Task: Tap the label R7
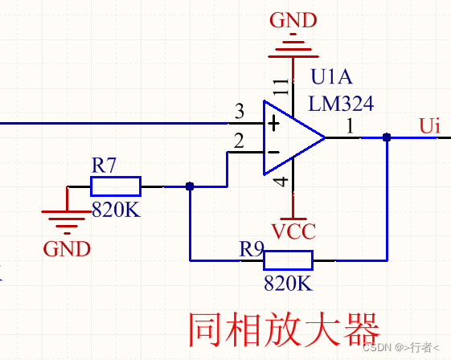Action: pyautogui.click(x=104, y=165)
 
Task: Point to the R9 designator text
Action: pyautogui.click(x=252, y=249)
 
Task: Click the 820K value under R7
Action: pyautogui.click(x=117, y=209)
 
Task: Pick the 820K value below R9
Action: pyautogui.click(x=288, y=283)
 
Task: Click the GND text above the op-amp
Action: pyautogui.click(x=293, y=20)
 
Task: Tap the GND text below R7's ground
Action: pyautogui.click(x=67, y=249)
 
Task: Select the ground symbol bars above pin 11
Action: pyautogui.click(x=293, y=46)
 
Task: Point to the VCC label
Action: pyautogui.click(x=293, y=231)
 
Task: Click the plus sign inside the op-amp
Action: pyautogui.click(x=273, y=124)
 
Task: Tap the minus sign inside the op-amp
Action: pyautogui.click(x=273, y=152)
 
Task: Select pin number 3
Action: pyautogui.click(x=240, y=111)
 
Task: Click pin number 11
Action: pyautogui.click(x=281, y=86)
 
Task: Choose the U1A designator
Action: pyautogui.click(x=331, y=77)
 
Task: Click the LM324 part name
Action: pyautogui.click(x=341, y=103)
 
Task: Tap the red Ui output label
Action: pyautogui.click(x=430, y=125)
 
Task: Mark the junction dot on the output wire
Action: pyautogui.click(x=387, y=137)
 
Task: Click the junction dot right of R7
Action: pyautogui.click(x=190, y=186)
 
